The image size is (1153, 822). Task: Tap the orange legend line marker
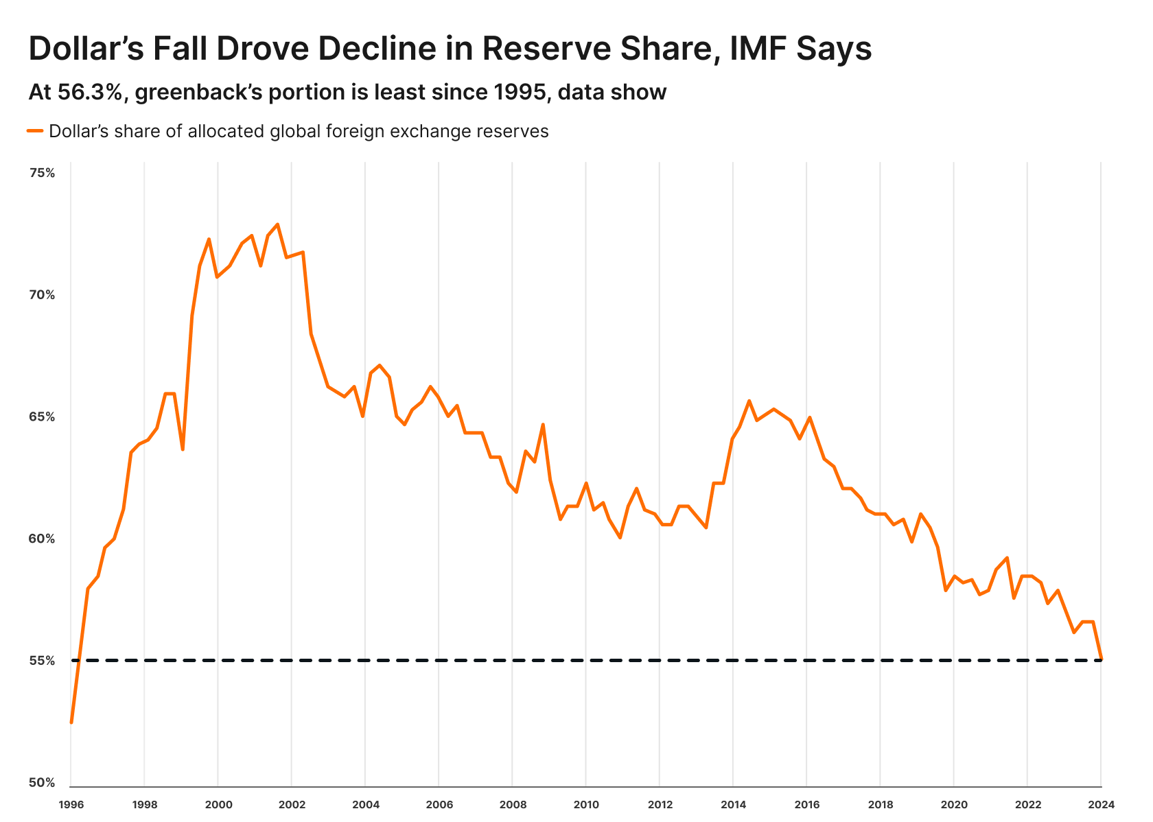[36, 130]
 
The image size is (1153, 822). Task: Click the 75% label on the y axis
[42, 173]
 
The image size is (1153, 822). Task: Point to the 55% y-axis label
[42, 661]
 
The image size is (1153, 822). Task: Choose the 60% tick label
[42, 539]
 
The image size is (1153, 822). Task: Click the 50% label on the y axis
[42, 783]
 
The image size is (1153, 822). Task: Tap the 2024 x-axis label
[1101, 804]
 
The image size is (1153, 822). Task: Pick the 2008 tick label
[512, 804]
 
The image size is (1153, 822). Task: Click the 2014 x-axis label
[733, 804]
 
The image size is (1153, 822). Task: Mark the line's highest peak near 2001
[277, 224]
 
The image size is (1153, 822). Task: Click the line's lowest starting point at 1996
[71, 722]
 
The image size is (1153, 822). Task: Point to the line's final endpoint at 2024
[1101, 659]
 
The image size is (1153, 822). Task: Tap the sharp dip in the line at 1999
[183, 449]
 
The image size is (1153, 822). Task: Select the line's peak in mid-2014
[749, 401]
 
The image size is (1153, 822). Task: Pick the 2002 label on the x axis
[291, 804]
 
